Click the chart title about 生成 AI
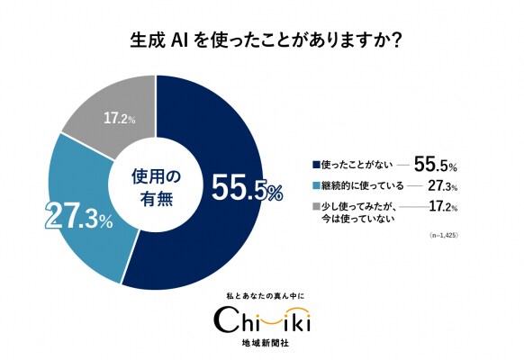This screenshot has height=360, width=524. tap(261, 41)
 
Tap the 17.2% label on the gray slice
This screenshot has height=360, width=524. tap(120, 118)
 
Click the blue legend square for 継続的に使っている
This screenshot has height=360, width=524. tap(315, 187)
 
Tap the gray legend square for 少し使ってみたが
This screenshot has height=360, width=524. tap(315, 207)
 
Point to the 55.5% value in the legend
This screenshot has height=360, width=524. tap(437, 165)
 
